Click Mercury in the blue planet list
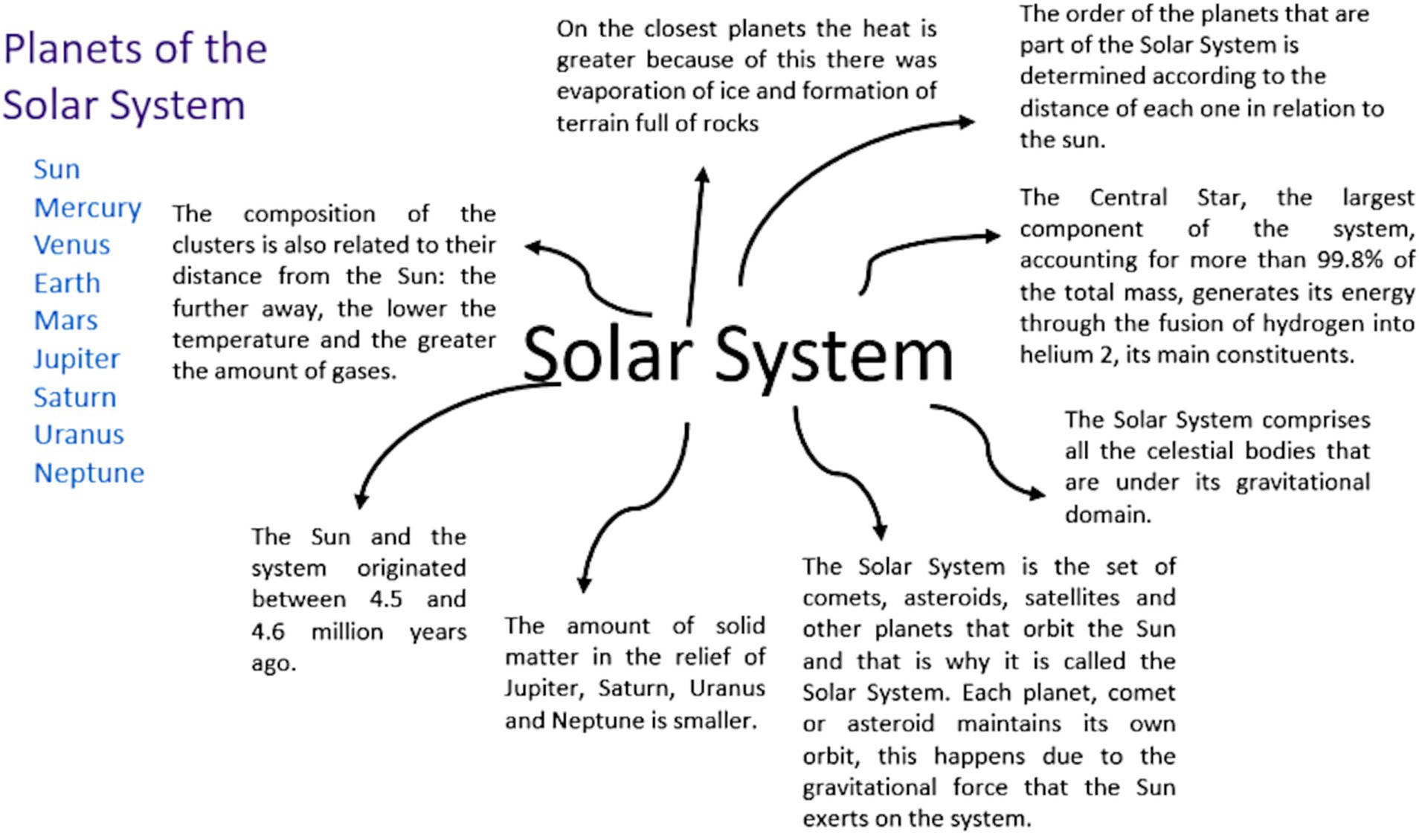pyautogui.click(x=87, y=208)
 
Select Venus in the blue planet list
pyautogui.click(x=71, y=245)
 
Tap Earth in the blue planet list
pyautogui.click(x=67, y=283)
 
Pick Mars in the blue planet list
pyautogui.click(x=65, y=320)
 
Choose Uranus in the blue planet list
pyautogui.click(x=79, y=434)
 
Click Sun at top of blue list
pyautogui.click(x=57, y=170)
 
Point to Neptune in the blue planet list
pyautogui.click(x=89, y=473)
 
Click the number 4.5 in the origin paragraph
pyautogui.click(x=386, y=599)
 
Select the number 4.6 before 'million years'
pyautogui.click(x=268, y=632)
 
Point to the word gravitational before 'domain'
pyautogui.click(x=1302, y=483)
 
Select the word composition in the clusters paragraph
pyautogui.click(x=309, y=214)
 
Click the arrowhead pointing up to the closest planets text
pyautogui.click(x=702, y=174)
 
